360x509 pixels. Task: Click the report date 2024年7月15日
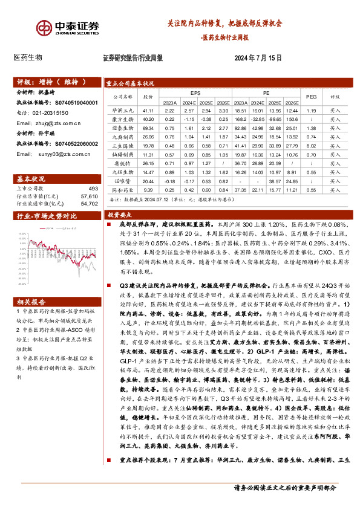point(258,58)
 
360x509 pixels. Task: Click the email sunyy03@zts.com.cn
point(57,154)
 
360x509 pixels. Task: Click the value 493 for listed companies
point(93,189)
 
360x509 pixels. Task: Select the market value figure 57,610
point(88,196)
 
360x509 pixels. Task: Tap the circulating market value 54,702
point(88,204)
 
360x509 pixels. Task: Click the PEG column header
point(312,96)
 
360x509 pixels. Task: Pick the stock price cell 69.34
point(148,128)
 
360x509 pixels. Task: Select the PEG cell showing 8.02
point(312,146)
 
